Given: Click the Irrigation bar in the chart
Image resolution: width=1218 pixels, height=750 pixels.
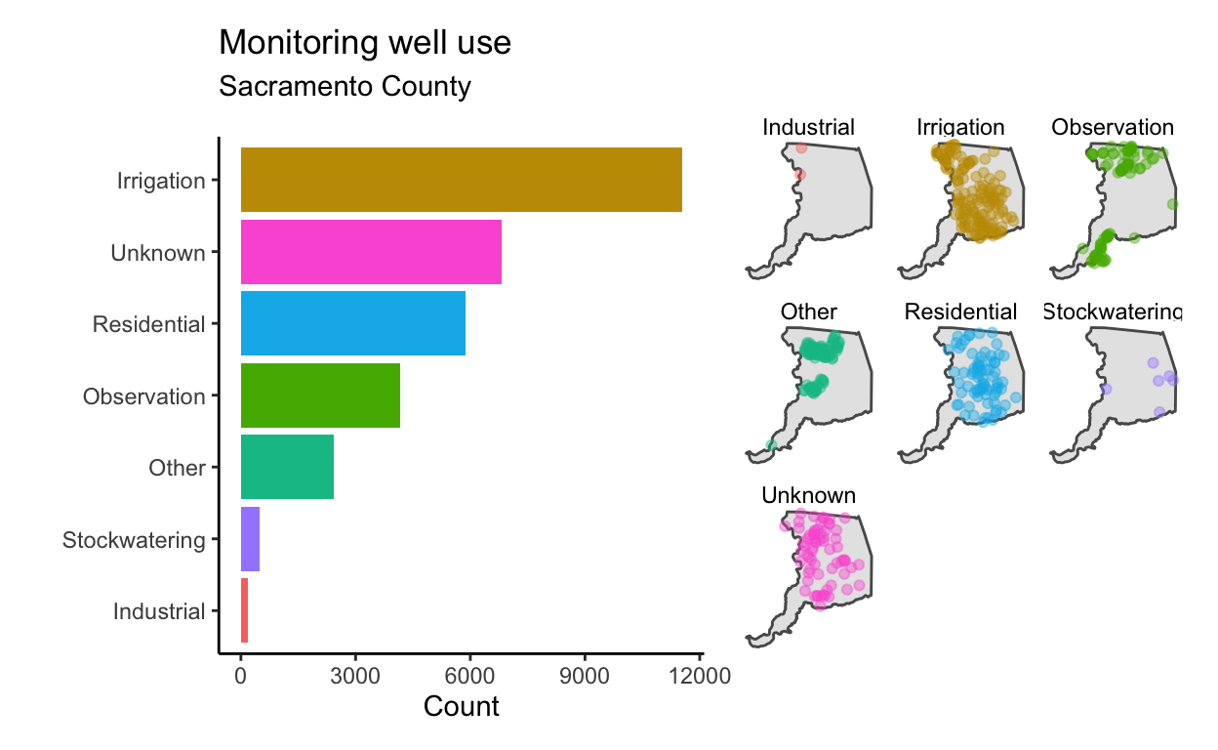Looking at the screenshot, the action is (x=461, y=180).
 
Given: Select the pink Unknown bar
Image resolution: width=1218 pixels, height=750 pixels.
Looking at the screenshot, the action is (x=371, y=251).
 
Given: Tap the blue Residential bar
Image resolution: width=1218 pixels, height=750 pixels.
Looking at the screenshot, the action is (x=353, y=323).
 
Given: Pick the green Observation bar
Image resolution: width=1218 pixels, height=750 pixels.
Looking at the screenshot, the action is (x=320, y=396).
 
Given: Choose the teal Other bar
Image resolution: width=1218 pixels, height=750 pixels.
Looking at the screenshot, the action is (x=287, y=467).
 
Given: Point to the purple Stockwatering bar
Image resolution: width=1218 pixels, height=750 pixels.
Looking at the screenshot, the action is (x=250, y=539).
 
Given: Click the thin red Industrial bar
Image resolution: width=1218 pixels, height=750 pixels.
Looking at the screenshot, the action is (x=244, y=610).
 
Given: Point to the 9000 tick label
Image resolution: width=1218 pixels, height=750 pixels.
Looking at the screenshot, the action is (x=585, y=676).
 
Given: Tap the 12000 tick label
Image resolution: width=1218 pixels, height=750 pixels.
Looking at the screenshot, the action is (x=700, y=676).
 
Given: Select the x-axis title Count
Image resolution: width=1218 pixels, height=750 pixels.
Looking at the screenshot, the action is (x=461, y=706).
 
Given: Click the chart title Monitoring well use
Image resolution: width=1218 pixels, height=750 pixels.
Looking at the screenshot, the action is (x=365, y=42).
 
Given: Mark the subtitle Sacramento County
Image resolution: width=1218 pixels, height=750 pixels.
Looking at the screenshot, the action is (x=345, y=87).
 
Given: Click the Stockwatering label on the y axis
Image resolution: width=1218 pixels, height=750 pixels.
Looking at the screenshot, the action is (x=134, y=540).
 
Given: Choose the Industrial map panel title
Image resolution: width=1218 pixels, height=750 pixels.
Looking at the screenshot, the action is (x=808, y=127).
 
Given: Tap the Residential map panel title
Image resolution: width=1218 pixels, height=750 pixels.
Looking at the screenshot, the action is (x=960, y=312).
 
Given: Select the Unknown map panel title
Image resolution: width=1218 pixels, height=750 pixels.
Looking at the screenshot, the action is (x=808, y=495).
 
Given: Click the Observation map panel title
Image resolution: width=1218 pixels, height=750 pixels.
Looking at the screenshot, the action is (x=1113, y=127).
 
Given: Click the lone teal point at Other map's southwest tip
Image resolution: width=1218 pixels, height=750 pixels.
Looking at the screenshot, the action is (x=771, y=445).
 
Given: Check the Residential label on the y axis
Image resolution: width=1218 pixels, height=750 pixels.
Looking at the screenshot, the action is (x=149, y=324).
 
